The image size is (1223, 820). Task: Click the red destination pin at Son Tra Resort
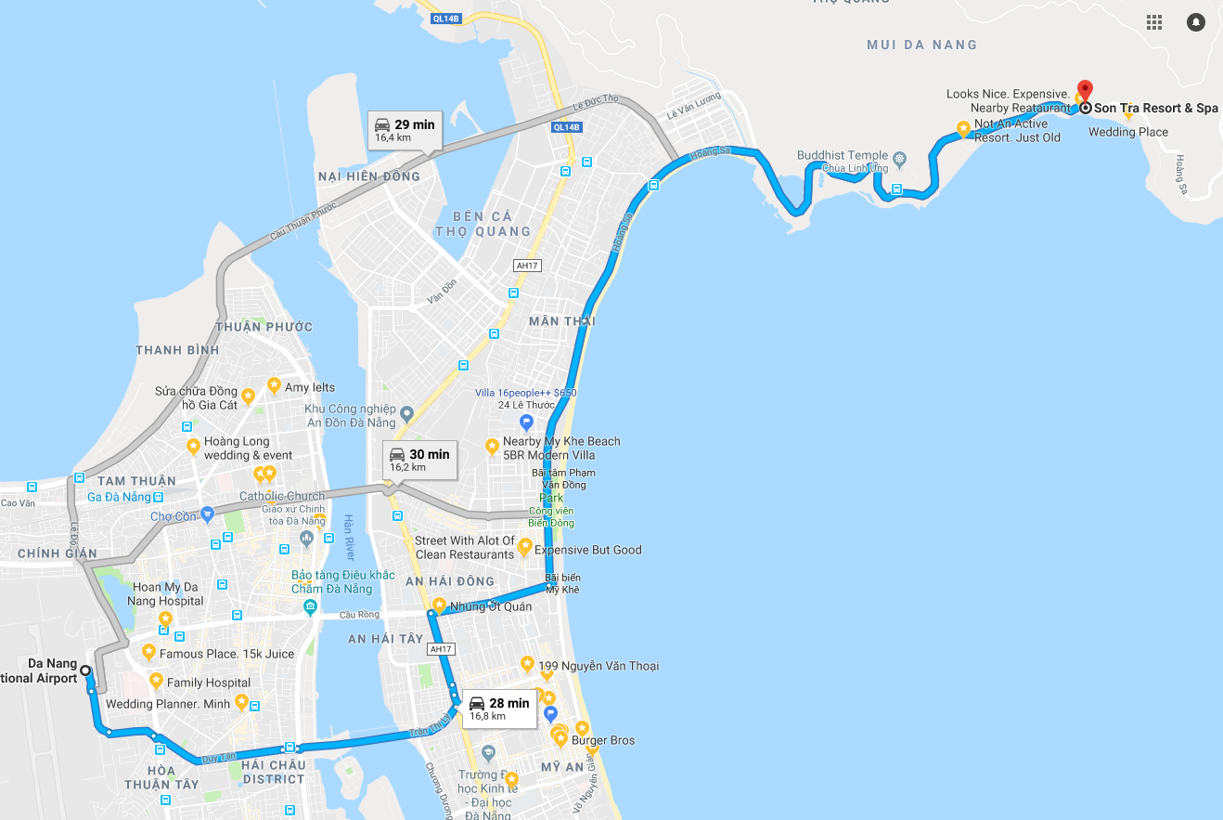point(1084,91)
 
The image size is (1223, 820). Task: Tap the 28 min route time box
point(498,708)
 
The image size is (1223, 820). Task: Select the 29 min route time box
point(404,129)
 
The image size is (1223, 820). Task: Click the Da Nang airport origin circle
point(85,670)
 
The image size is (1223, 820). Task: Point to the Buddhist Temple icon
point(899,156)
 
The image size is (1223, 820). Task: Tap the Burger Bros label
point(603,740)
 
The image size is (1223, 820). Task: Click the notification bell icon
point(1195,22)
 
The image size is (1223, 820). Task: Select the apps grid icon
point(1154,22)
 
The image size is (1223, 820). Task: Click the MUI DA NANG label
point(921,45)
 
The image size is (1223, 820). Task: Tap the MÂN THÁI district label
point(561,321)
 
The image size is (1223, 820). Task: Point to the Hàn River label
point(349,537)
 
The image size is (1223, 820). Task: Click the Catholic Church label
point(282,496)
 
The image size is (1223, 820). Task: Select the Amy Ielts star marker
point(274,384)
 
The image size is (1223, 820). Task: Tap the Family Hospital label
point(208,683)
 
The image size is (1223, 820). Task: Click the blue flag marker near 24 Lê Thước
point(526,423)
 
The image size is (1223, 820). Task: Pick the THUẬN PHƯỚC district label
point(264,327)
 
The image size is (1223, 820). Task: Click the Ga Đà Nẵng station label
point(119,497)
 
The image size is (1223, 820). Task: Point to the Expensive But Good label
point(587,550)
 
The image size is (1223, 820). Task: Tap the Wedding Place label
point(1127,132)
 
